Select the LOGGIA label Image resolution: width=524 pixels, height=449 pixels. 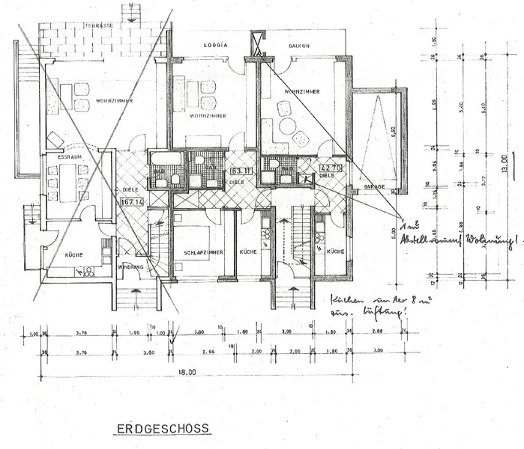pos(215,45)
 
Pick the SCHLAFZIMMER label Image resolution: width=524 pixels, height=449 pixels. pos(204,254)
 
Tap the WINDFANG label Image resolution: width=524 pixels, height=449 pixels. pos(132,266)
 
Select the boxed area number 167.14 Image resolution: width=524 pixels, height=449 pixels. pos(132,201)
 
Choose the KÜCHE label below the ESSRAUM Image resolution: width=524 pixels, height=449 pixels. pos(73,254)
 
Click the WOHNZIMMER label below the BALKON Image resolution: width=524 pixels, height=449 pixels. pos(303,91)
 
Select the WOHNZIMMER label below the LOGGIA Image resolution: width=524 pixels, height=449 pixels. pos(208,117)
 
